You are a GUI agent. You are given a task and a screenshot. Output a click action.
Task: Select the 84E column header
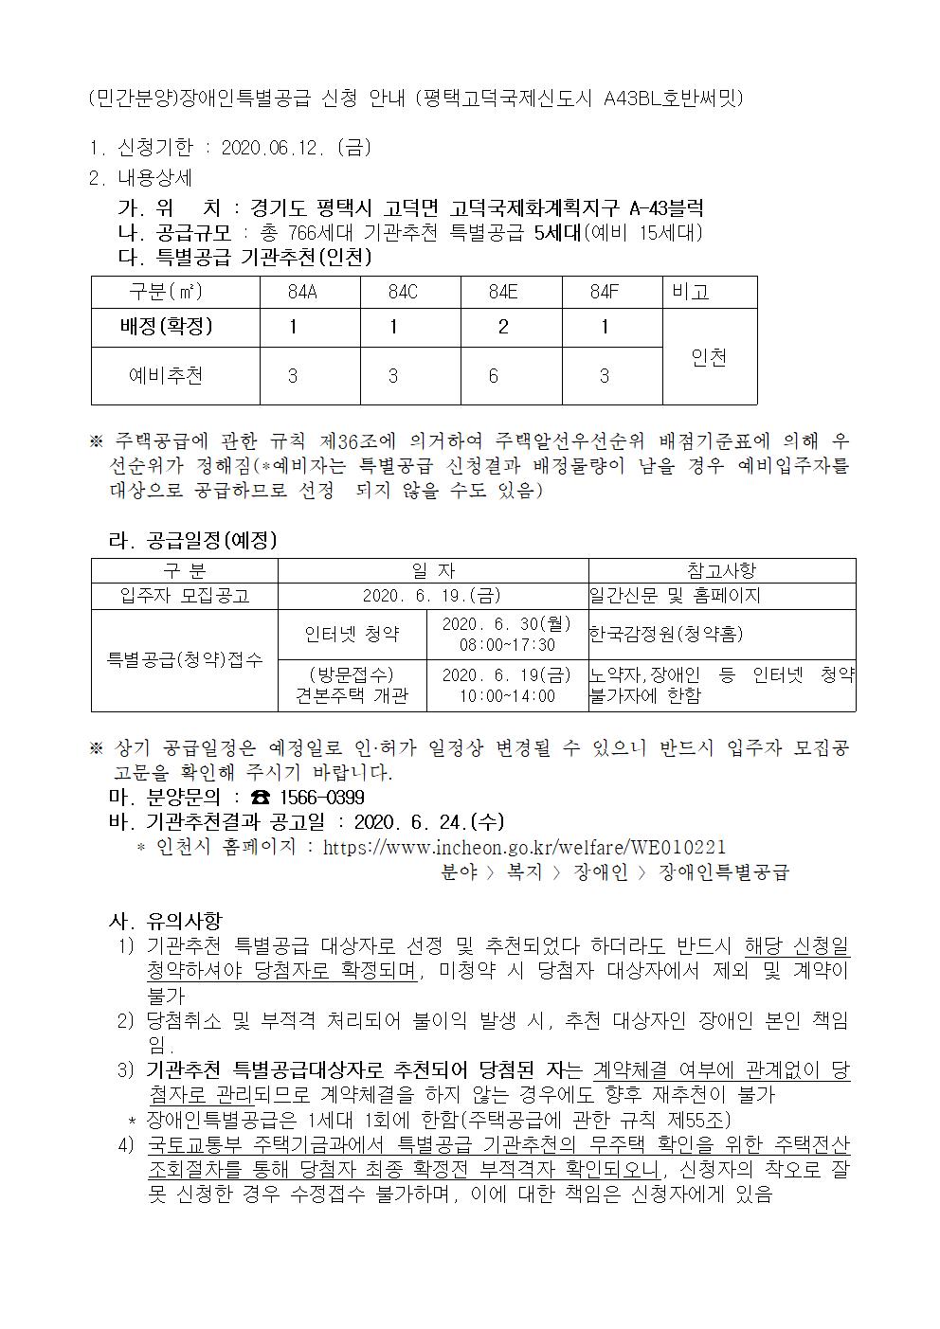point(503,293)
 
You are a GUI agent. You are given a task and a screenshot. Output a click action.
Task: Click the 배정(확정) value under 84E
point(503,327)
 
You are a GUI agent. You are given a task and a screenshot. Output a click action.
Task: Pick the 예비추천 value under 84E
point(494,376)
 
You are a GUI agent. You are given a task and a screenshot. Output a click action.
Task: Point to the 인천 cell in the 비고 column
point(709,357)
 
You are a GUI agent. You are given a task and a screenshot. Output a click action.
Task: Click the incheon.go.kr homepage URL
point(524,847)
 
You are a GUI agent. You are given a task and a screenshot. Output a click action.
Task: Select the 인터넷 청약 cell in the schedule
point(352,634)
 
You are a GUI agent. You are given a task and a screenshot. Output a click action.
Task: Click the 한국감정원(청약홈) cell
point(666,634)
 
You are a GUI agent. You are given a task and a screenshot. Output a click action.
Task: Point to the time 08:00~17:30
point(506,645)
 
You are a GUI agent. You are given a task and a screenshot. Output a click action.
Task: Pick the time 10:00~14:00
point(506,696)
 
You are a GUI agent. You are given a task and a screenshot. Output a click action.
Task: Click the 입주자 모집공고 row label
point(184,596)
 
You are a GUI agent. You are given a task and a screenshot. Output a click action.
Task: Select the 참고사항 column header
point(721,570)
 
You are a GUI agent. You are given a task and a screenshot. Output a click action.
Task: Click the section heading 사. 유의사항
point(167,920)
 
